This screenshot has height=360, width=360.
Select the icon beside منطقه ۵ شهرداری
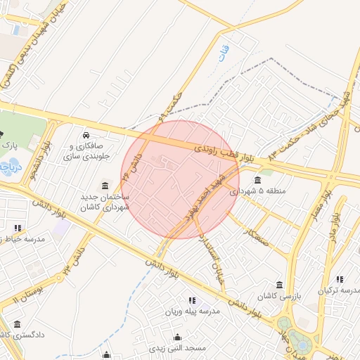tap(257, 180)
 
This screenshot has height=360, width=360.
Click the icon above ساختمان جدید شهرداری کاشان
tap(105, 186)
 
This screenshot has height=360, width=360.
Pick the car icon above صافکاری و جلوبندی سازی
tap(86, 134)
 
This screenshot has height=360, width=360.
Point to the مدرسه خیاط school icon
tap(18, 228)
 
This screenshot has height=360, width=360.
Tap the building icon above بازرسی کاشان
tap(280, 285)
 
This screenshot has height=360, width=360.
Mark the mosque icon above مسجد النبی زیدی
tap(177, 337)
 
